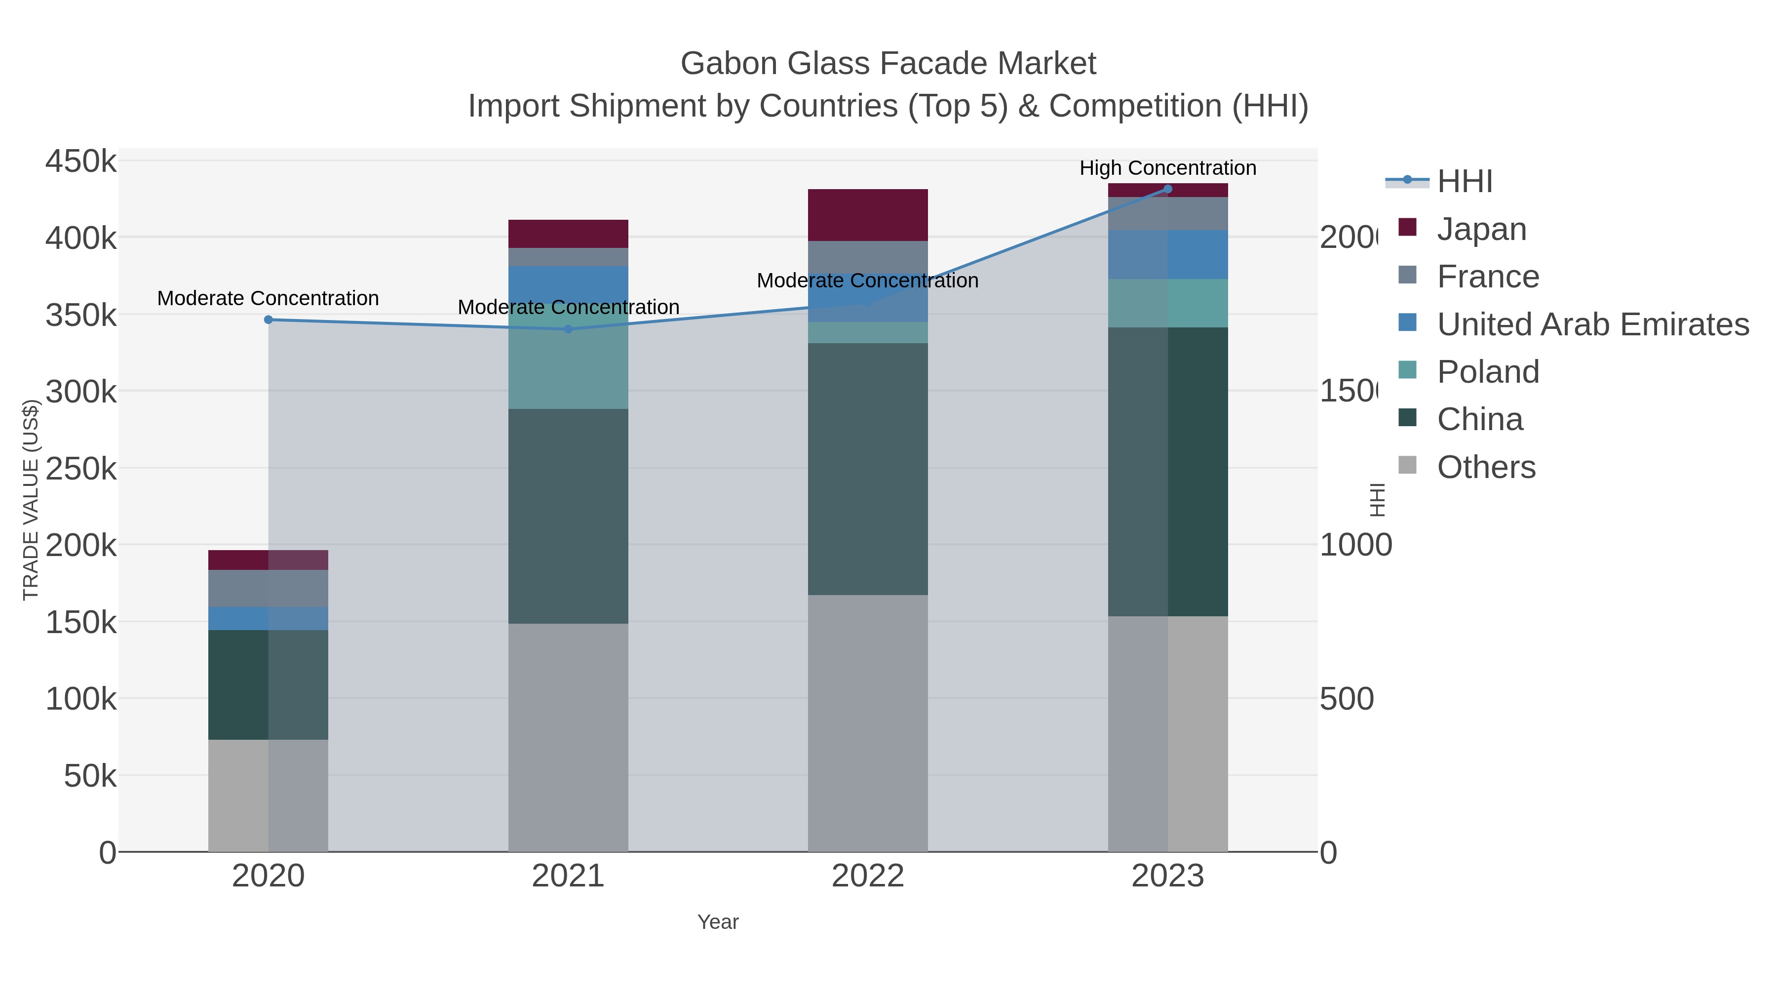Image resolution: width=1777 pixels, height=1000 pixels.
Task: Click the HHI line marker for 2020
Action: click(x=269, y=320)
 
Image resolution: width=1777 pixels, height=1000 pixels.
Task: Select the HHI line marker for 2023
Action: click(x=1167, y=189)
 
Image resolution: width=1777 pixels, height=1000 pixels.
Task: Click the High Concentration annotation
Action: click(x=1167, y=168)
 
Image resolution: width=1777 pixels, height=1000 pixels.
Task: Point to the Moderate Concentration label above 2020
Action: click(x=269, y=298)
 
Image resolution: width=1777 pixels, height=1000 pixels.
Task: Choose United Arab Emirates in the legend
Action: click(x=1592, y=324)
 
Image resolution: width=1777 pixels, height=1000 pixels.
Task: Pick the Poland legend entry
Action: click(x=1487, y=372)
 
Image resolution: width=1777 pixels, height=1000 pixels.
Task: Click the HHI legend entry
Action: click(x=1465, y=182)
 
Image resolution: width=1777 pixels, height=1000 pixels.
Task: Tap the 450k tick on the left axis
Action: click(x=81, y=161)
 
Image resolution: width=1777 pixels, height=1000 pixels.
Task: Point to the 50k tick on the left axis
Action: click(x=90, y=776)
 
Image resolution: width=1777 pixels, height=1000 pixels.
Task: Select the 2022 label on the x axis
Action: click(x=867, y=876)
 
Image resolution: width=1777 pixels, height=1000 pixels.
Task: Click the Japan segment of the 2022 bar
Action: click(x=867, y=215)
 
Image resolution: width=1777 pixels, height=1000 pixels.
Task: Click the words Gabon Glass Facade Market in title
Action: click(x=888, y=64)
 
